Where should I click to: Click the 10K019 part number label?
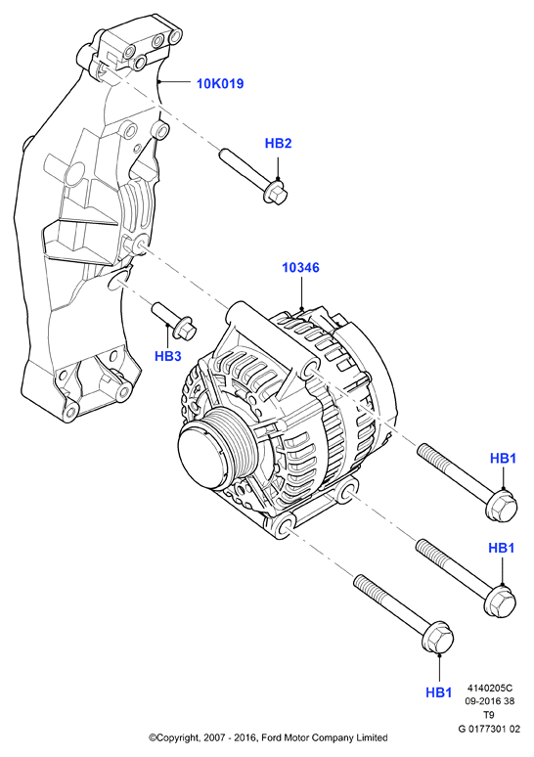220,83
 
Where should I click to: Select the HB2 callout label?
278,144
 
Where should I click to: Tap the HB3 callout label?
168,356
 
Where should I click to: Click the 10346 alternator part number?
300,267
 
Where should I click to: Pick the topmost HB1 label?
503,458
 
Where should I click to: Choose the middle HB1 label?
502,548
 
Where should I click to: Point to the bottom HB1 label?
439,692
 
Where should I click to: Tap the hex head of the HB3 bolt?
185,329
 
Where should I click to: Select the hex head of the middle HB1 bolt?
500,600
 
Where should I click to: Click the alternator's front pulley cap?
201,454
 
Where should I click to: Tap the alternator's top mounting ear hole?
309,369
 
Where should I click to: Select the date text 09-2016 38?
490,701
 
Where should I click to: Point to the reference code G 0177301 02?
489,729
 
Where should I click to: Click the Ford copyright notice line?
268,737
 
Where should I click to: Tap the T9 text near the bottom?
490,715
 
